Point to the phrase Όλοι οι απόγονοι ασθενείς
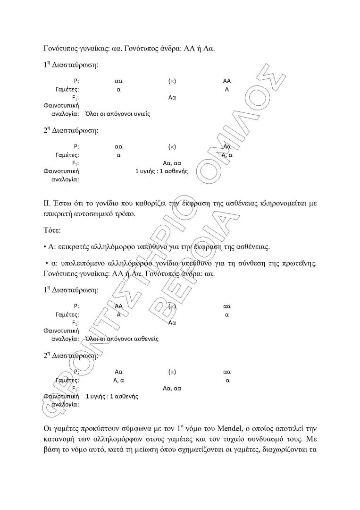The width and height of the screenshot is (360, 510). click(121, 339)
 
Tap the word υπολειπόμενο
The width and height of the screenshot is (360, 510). click(80, 263)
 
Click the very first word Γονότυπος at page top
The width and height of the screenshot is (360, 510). click(59, 48)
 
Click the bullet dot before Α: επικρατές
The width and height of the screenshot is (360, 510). click(44, 246)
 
